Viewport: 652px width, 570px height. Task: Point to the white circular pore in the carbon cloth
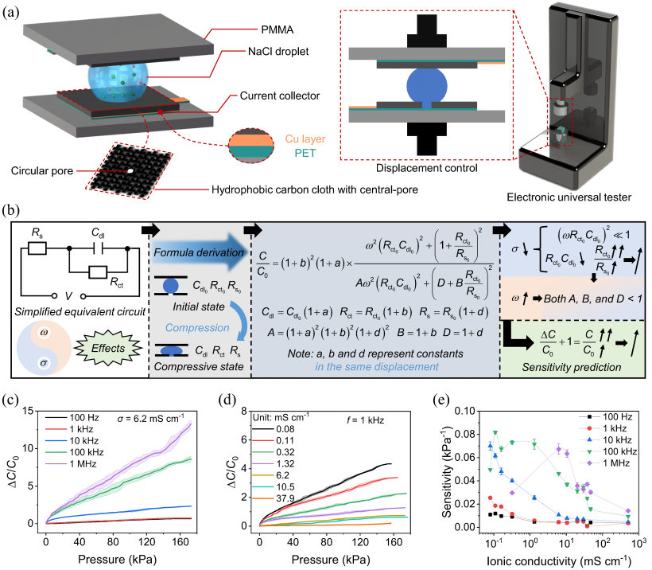tap(130, 170)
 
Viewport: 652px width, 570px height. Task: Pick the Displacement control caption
tap(427, 168)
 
